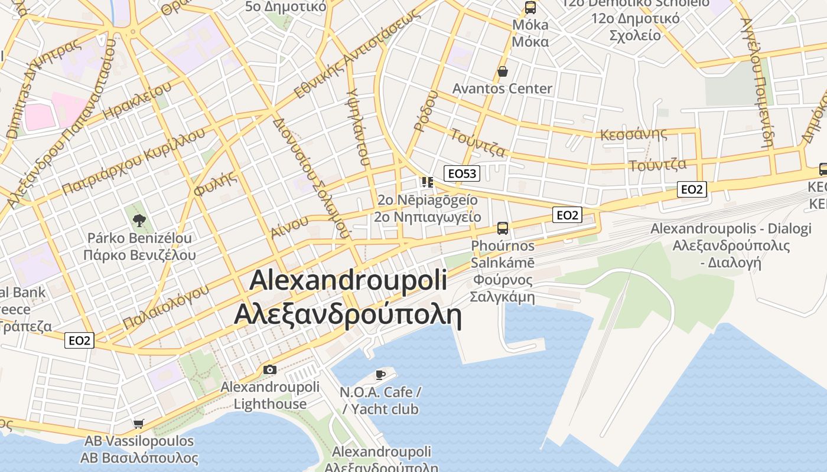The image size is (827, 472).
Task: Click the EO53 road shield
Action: (461, 173)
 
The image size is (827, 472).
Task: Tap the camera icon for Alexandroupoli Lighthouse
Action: (270, 370)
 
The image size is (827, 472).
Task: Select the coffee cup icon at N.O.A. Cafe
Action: (380, 375)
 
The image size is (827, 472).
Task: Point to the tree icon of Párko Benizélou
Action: (139, 221)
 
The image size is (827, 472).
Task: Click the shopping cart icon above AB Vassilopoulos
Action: (139, 423)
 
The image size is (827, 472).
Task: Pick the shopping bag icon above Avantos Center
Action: (503, 72)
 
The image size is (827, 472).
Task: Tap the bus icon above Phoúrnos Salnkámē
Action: (503, 228)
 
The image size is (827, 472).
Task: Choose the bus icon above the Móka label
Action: (530, 8)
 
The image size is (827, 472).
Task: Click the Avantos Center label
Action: (502, 88)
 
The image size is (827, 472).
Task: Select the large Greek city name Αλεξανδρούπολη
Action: (347, 314)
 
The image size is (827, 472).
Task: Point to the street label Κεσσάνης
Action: (633, 134)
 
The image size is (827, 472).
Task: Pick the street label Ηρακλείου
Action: (136, 101)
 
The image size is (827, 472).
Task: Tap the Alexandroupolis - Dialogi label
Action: (731, 229)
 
